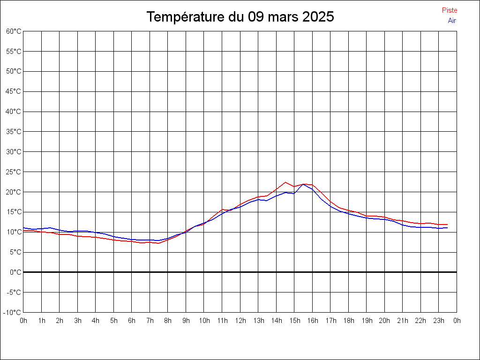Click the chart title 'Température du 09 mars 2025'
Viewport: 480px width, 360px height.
pyautogui.click(x=240, y=17)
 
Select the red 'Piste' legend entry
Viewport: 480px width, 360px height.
pyautogui.click(x=449, y=10)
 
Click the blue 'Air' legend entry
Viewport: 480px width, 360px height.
pyautogui.click(x=452, y=20)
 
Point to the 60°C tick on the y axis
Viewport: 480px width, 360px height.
pyautogui.click(x=14, y=31)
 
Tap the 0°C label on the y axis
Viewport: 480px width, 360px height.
pyautogui.click(x=16, y=272)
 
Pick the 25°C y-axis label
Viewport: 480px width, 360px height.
pyautogui.click(x=14, y=172)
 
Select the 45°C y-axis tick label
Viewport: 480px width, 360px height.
pyautogui.click(x=14, y=91)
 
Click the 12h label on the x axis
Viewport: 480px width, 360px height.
pyautogui.click(x=240, y=321)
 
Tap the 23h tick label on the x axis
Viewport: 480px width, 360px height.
pyautogui.click(x=439, y=321)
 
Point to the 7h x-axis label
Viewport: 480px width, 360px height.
pyautogui.click(x=150, y=321)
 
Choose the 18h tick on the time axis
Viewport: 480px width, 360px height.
pyautogui.click(x=348, y=321)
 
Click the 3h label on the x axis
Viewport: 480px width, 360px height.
pyautogui.click(x=77, y=321)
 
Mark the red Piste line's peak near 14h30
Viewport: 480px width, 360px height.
pyautogui.click(x=285, y=182)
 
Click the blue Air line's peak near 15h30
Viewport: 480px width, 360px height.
pyautogui.click(x=303, y=184)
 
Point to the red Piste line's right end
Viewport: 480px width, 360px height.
pyautogui.click(x=447, y=225)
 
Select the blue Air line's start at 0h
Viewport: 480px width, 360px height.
pyautogui.click(x=24, y=228)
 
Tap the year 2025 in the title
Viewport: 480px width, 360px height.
pyautogui.click(x=318, y=17)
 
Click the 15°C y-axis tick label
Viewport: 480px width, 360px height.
pyautogui.click(x=14, y=212)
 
